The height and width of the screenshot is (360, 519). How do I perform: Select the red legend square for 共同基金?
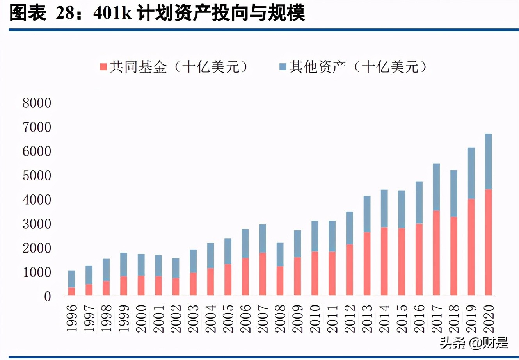coord(103,67)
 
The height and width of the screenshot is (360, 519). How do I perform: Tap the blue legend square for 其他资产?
coord(283,67)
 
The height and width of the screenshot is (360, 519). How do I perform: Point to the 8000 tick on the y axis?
coord(37,103)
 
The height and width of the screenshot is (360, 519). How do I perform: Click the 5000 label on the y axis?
coord(37,176)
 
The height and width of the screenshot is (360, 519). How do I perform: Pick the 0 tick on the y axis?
coord(47,297)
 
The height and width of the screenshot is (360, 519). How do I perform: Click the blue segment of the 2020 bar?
coord(488,161)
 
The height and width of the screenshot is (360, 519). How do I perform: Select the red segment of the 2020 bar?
coord(488,242)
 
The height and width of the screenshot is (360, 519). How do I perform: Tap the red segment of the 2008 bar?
coord(280,280)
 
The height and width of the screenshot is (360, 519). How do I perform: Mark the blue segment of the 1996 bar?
coord(71,279)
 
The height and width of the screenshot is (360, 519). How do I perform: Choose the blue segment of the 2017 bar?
coord(436,187)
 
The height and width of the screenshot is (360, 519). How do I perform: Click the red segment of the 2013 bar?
coord(367,264)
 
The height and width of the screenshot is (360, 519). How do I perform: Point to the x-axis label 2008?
coord(280,319)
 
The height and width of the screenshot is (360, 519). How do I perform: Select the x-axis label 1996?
coord(72,319)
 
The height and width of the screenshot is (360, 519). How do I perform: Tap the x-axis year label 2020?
coord(489,319)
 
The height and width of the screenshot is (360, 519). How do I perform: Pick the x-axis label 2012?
coord(350,319)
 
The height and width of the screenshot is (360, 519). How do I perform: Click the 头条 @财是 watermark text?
coord(474,343)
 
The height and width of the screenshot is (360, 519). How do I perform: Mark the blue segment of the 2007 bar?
coord(263,238)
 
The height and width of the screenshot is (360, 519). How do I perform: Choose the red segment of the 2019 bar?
coord(471,247)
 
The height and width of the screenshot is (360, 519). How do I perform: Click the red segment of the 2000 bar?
coord(141,285)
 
